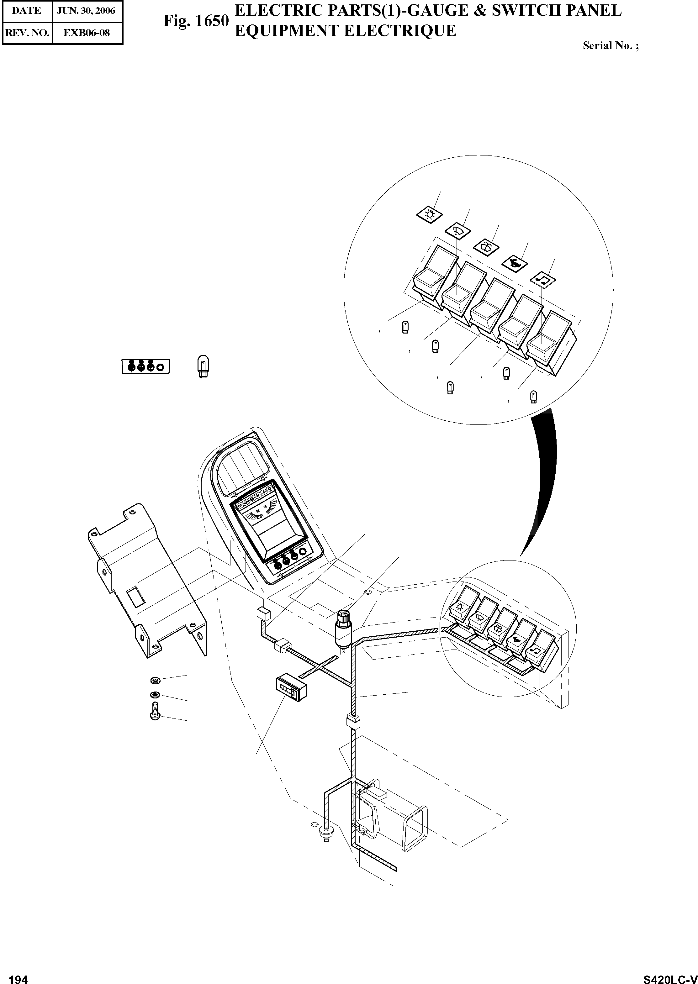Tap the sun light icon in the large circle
click(x=429, y=214)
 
